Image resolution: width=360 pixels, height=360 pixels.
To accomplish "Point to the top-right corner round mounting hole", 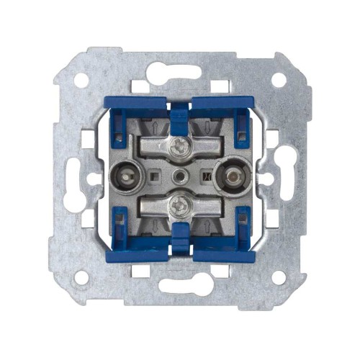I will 278,80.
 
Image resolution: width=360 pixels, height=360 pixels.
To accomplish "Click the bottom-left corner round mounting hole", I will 81,276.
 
